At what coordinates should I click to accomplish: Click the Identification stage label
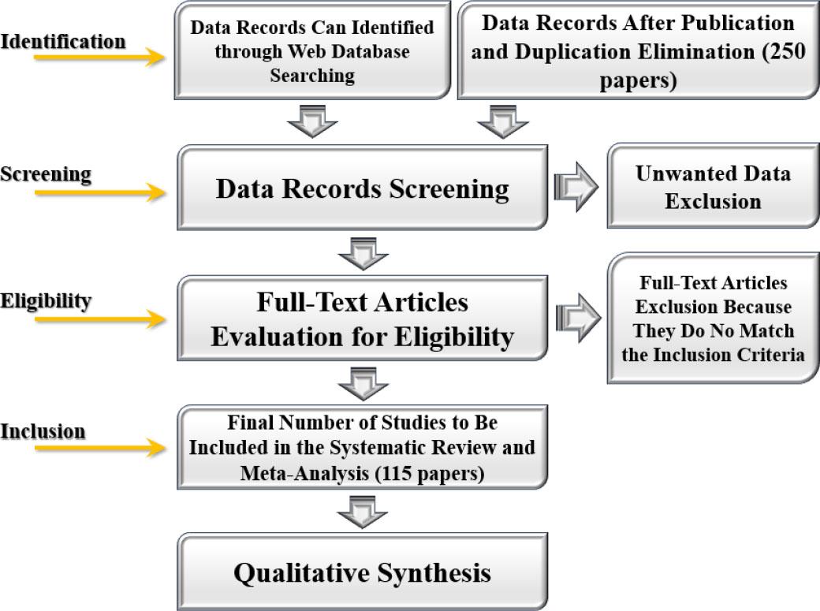click(x=63, y=41)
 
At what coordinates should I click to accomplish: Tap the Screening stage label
click(x=46, y=173)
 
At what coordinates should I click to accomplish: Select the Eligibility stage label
click(x=46, y=300)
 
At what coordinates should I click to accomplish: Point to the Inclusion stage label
click(x=43, y=431)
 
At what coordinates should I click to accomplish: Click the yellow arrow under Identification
click(x=99, y=58)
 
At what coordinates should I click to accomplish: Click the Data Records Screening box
click(x=362, y=188)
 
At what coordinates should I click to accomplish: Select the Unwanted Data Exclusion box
click(x=713, y=187)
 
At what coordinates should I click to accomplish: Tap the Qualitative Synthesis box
click(x=362, y=572)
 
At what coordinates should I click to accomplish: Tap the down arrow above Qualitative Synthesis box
click(x=362, y=513)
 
